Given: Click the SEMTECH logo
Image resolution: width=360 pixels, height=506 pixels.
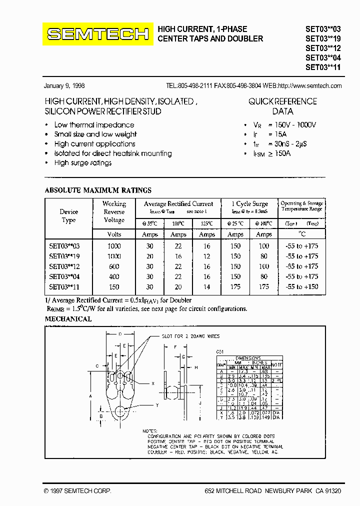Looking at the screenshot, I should [x=97, y=34].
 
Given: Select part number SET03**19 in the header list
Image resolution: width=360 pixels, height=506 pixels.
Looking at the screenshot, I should [x=323, y=38].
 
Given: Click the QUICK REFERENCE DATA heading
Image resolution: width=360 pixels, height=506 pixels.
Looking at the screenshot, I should [x=282, y=106].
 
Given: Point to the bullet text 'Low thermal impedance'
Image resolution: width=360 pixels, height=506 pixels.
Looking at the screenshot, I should [x=94, y=125].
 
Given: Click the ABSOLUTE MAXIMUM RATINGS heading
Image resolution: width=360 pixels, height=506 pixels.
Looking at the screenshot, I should [x=98, y=190].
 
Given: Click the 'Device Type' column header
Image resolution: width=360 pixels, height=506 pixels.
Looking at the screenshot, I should [x=69, y=216].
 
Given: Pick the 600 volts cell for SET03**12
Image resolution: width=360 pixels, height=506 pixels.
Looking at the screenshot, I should [x=114, y=266].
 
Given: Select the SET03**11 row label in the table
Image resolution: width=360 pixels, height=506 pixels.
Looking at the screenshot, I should [x=64, y=287].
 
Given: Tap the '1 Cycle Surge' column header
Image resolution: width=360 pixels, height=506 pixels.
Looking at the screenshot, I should [x=250, y=204].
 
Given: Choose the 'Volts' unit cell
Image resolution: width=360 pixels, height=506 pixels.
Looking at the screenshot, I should [x=114, y=234].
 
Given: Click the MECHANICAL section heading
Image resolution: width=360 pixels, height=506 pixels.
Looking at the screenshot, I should [x=68, y=319].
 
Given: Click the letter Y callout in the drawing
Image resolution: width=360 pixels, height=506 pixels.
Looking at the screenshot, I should [x=156, y=405].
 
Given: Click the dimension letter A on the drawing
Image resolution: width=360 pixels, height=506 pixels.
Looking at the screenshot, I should [x=90, y=395].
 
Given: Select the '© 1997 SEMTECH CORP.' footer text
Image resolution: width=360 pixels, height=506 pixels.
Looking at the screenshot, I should [x=77, y=491].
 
